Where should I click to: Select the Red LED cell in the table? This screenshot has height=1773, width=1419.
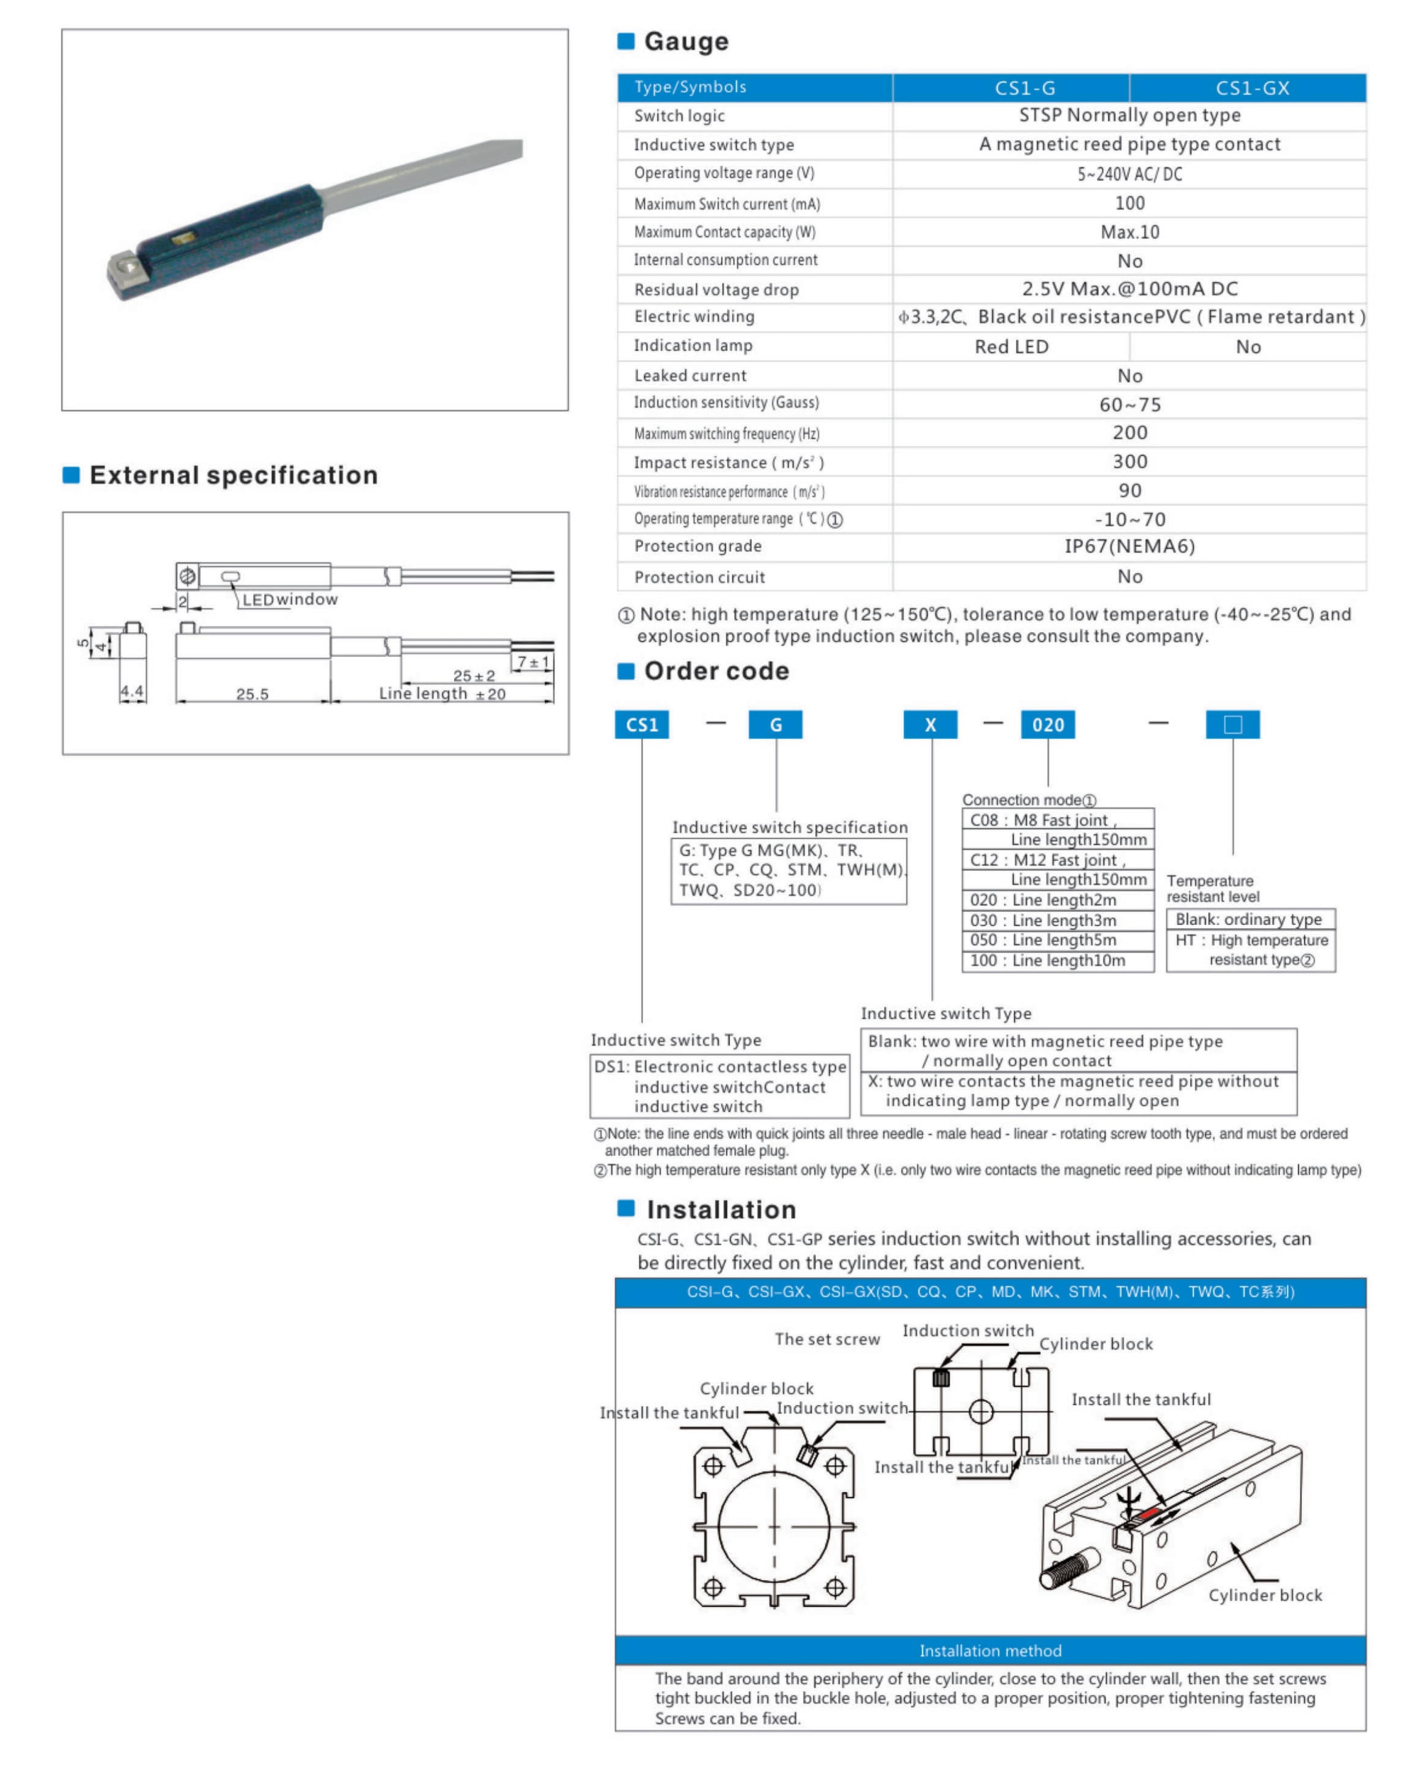pos(1011,347)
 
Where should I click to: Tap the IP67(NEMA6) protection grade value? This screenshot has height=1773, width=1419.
pos(1129,547)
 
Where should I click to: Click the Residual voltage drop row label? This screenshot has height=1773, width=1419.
pos(716,289)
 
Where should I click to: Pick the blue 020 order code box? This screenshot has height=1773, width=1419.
pos(1047,725)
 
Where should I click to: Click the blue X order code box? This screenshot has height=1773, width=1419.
pos(929,725)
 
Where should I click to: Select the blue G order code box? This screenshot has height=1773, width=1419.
pos(775,725)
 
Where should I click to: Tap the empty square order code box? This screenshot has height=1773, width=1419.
pos(1232,725)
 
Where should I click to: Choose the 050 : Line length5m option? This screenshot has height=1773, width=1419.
pos(1042,940)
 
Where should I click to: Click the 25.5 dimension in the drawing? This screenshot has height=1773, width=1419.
pos(252,694)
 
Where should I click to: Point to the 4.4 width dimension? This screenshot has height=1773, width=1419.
pos(132,691)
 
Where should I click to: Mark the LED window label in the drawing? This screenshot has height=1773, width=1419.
pos(289,599)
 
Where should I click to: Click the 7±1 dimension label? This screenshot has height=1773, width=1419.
pos(533,662)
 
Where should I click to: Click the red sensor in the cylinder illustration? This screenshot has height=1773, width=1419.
pos(1149,1513)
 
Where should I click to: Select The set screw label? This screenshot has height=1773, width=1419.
pos(827,1340)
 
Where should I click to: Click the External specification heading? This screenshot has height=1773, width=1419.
pos(233,475)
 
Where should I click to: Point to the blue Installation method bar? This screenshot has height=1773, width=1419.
pos(990,1650)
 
